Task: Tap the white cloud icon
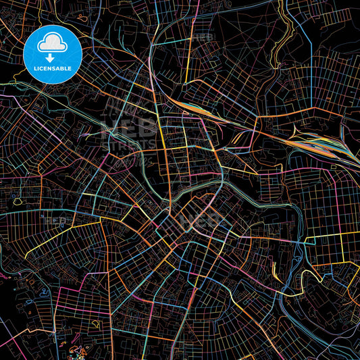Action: tap(52, 43)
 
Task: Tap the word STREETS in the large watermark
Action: tap(128, 143)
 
